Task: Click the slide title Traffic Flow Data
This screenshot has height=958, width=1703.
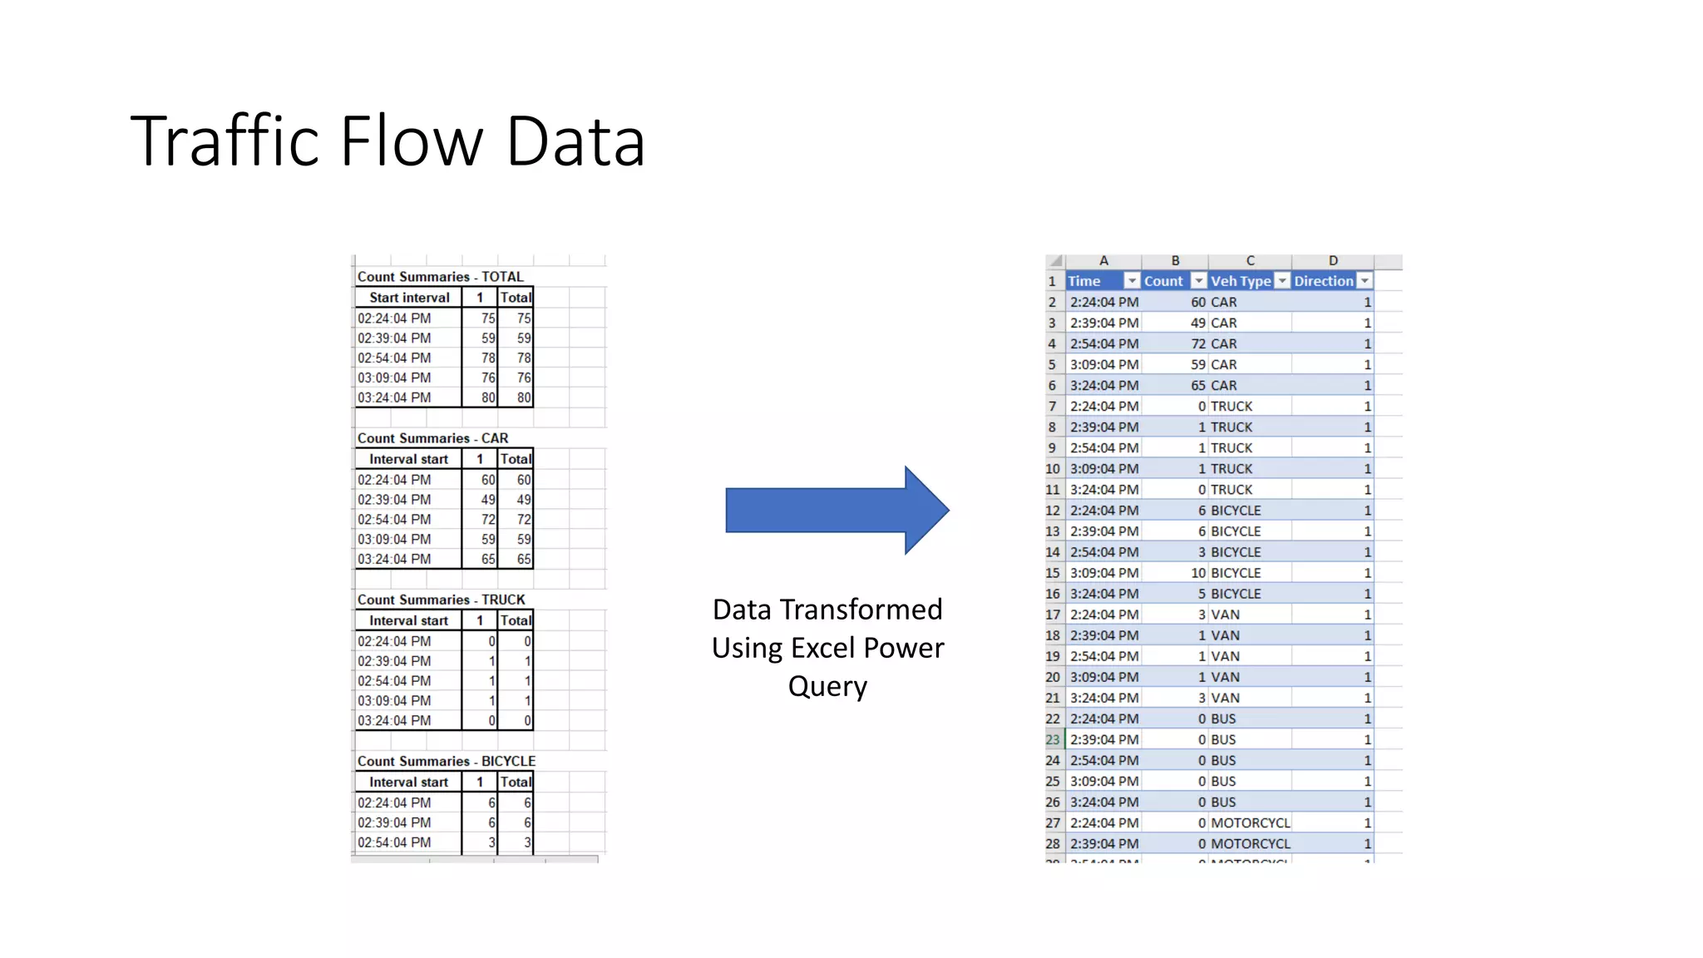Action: pyautogui.click(x=387, y=141)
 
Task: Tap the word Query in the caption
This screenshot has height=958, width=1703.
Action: pyautogui.click(x=827, y=687)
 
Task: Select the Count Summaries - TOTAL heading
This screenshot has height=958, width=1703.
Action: pyautogui.click(x=440, y=277)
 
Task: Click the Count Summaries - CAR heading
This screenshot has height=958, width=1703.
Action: pyautogui.click(x=432, y=438)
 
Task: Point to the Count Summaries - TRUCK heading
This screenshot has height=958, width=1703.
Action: pyautogui.click(x=441, y=600)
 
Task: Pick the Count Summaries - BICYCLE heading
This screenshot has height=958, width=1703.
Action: pyautogui.click(x=446, y=761)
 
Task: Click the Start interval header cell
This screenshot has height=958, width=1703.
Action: pyautogui.click(x=409, y=298)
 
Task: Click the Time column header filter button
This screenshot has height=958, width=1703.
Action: pyautogui.click(x=1132, y=281)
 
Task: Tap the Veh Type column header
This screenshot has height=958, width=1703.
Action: pyautogui.click(x=1240, y=281)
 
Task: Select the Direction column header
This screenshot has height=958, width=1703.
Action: pyautogui.click(x=1323, y=281)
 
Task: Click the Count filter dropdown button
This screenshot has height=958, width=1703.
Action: pyautogui.click(x=1198, y=281)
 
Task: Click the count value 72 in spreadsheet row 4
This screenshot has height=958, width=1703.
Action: pyautogui.click(x=1197, y=343)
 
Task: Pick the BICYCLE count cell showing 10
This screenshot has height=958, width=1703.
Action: pyautogui.click(x=1197, y=573)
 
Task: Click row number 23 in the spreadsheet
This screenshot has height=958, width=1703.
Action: pyautogui.click(x=1053, y=739)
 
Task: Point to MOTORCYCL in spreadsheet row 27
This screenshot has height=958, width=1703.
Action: pyautogui.click(x=1250, y=822)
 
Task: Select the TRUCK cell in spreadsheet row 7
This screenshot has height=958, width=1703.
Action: pyautogui.click(x=1231, y=406)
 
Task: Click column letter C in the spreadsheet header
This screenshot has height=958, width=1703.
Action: pyautogui.click(x=1250, y=261)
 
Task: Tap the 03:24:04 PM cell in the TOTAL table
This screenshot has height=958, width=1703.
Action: pyautogui.click(x=395, y=398)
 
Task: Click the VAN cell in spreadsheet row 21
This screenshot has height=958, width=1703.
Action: pyautogui.click(x=1225, y=698)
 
